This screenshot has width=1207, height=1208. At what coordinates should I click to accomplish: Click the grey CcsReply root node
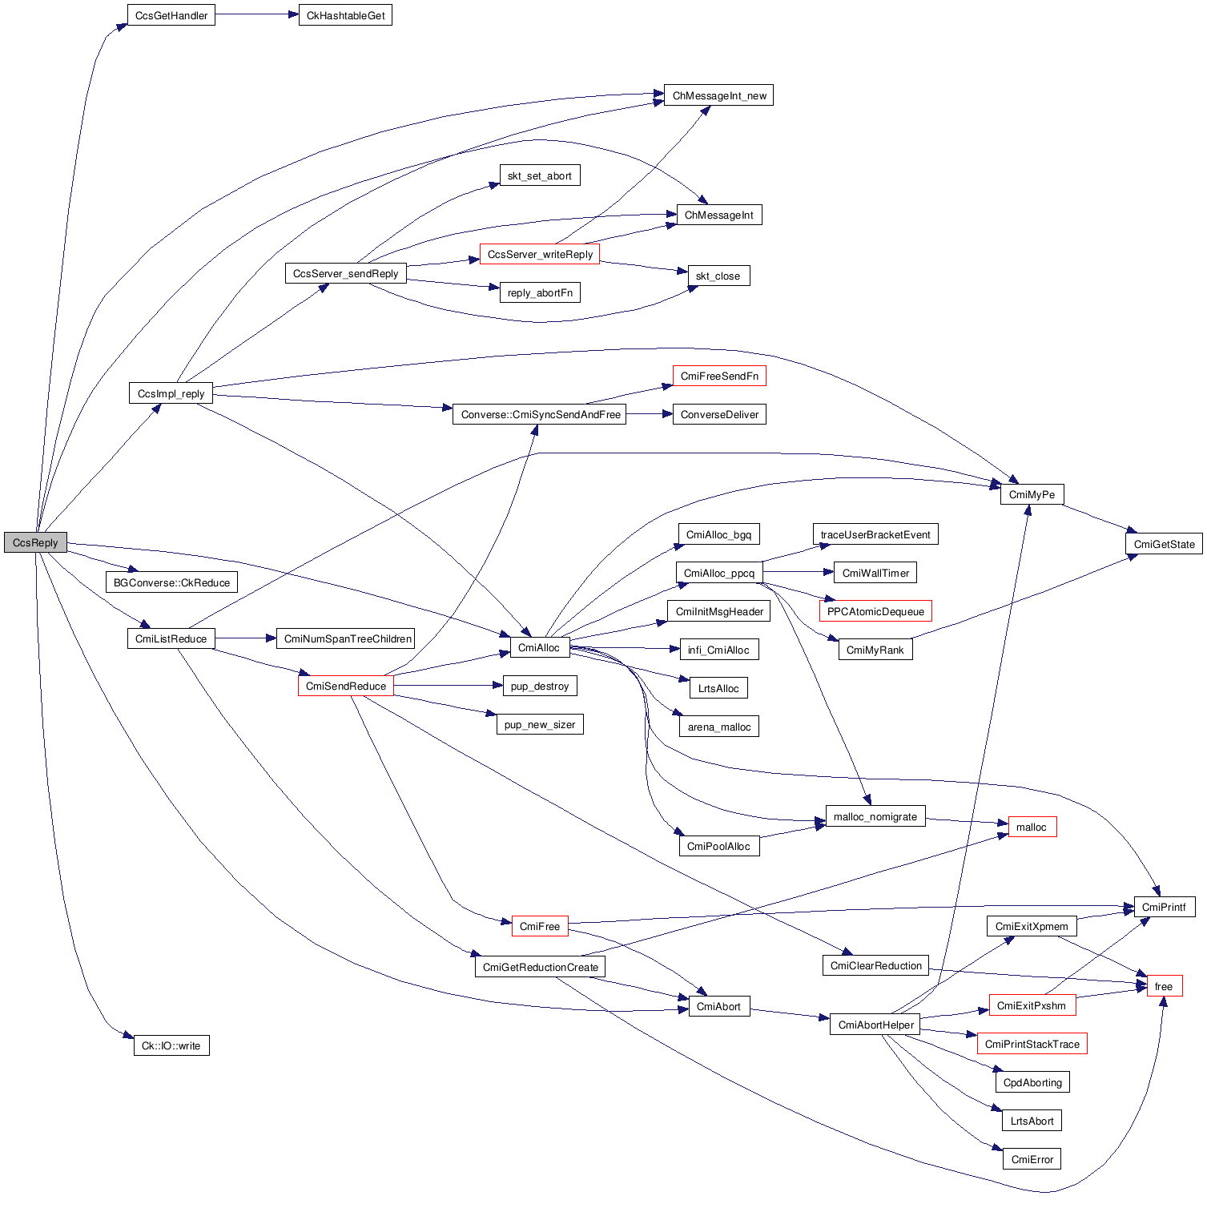coord(35,542)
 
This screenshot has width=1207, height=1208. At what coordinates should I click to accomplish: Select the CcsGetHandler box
coord(171,15)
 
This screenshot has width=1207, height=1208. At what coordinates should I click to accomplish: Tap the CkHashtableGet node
coord(345,15)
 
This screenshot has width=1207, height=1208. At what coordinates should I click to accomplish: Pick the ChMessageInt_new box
coord(718,95)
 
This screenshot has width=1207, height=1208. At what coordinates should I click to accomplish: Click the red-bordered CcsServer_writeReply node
coord(540,254)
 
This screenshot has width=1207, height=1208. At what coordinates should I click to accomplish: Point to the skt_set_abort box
coord(539,175)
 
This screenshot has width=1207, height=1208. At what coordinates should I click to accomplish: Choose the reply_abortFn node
coord(539,292)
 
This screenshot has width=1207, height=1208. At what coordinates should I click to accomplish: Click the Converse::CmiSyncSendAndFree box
coord(540,414)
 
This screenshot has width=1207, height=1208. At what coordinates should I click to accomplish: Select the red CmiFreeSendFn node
coord(718,376)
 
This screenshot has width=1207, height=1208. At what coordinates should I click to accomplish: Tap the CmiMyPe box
coord(1032,494)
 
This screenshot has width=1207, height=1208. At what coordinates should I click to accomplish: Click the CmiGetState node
coord(1164,544)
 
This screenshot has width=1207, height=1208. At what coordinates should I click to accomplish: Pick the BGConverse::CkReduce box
coord(171,582)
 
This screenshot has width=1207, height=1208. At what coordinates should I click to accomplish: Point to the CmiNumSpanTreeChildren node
coord(348,638)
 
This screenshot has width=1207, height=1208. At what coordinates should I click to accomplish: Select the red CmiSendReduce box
coord(345,686)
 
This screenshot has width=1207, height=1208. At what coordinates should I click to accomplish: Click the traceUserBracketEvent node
coord(875,534)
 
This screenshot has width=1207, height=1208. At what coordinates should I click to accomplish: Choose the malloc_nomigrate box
coord(875,816)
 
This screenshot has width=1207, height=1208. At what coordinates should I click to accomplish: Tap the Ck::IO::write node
coord(171,1045)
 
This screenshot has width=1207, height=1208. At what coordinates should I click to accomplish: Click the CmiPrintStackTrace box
coord(1032,1044)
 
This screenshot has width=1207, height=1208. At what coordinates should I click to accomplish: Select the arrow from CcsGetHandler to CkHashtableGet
coord(256,15)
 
